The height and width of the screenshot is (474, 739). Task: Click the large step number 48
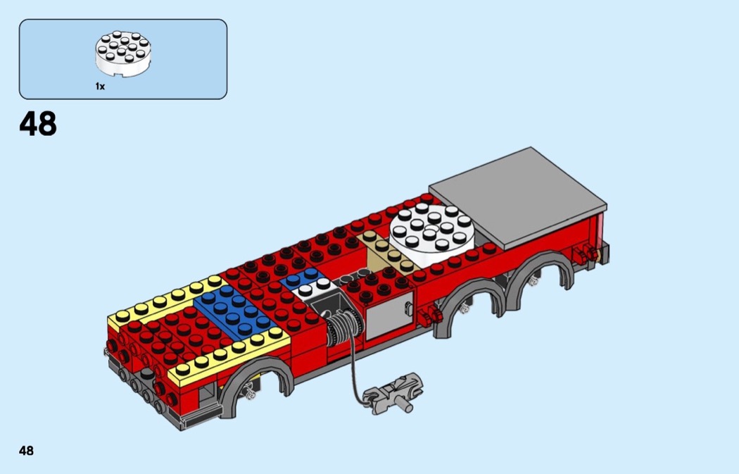pyautogui.click(x=38, y=123)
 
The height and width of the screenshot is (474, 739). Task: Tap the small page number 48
pyautogui.click(x=27, y=451)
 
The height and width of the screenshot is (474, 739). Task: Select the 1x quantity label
pyautogui.click(x=100, y=87)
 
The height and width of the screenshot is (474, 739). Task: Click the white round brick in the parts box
pyautogui.click(x=123, y=54)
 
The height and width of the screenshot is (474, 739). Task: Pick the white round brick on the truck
pyautogui.click(x=431, y=235)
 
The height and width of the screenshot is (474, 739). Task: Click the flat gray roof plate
pyautogui.click(x=517, y=198)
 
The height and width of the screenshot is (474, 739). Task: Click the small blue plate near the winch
pyautogui.click(x=302, y=277)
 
